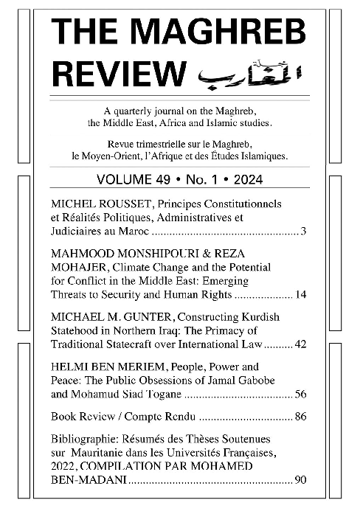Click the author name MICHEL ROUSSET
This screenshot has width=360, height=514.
tap(94, 203)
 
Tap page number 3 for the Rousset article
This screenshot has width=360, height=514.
tap(303, 232)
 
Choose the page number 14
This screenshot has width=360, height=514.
tap(301, 295)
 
